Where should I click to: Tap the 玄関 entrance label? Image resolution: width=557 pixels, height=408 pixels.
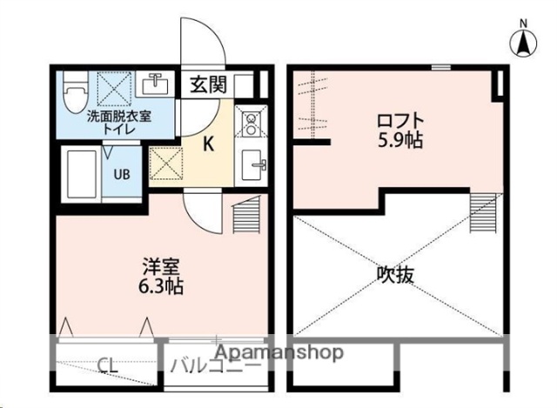(x=208, y=84)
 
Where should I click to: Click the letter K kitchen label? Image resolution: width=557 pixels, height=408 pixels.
(x=210, y=144)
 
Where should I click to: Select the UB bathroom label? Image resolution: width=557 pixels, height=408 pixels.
(x=123, y=173)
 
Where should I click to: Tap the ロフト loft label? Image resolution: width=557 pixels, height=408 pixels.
(x=401, y=119)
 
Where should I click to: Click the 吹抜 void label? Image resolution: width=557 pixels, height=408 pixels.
(x=395, y=274)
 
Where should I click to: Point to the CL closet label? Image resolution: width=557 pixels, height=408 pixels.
(x=109, y=365)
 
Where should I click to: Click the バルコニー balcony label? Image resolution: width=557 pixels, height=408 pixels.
(x=214, y=365)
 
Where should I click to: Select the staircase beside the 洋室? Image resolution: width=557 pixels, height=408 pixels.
(x=248, y=213)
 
